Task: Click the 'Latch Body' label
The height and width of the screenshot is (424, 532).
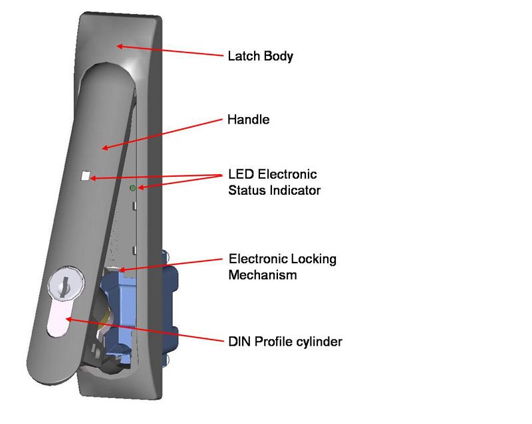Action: (x=260, y=56)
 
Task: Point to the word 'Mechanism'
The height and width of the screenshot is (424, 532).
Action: (x=262, y=274)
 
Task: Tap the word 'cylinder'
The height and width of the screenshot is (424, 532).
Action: (x=319, y=342)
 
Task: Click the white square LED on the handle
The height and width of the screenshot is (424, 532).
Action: (x=85, y=177)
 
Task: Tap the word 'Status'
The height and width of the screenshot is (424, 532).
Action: (x=245, y=191)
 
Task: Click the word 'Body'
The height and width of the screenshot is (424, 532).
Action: (x=280, y=56)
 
